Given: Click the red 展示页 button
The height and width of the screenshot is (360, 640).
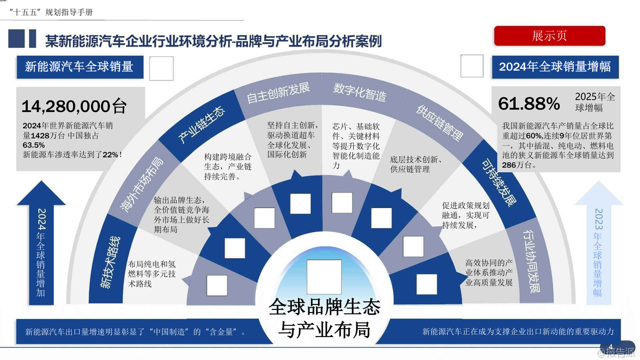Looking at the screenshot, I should point(549,36).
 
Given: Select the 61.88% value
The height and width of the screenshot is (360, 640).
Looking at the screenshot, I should point(529,103).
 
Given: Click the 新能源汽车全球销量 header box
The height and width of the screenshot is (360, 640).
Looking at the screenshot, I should point(79,67).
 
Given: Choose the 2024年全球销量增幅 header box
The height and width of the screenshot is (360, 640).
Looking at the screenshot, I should point(555,67).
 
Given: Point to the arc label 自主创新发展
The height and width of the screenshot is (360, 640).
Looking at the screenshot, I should point(278,94).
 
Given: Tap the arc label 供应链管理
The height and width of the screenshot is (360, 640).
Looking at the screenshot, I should point(438,123).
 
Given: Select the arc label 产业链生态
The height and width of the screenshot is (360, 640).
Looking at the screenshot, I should point(201,125).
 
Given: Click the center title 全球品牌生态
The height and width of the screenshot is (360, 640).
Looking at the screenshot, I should point(325,307).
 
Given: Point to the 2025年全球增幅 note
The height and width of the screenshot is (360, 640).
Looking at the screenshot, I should point(595,102).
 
